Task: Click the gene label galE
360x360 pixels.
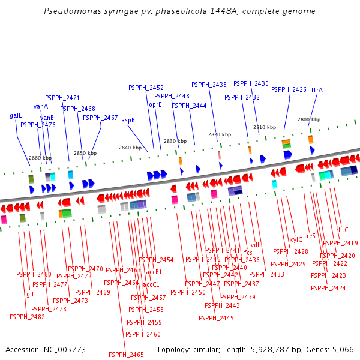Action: coord(16,115)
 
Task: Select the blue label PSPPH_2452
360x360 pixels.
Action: coord(146,88)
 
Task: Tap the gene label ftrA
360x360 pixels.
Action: coord(317,90)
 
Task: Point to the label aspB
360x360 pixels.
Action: coord(128,120)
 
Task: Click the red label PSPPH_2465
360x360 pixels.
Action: coord(126,355)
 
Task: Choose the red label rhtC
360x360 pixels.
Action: coord(342,230)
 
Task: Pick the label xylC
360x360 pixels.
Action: coord(296,239)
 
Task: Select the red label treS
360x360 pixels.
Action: coord(310,236)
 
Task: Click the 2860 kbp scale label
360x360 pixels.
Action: coord(40,158)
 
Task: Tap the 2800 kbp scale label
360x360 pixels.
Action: coord(309,119)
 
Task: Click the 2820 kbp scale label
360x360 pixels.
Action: coord(216,134)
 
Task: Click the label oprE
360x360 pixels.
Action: coord(155,104)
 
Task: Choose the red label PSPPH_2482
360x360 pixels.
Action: coord(27,317)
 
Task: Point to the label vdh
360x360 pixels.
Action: coord(256,245)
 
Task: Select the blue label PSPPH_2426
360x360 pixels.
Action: coord(289,89)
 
